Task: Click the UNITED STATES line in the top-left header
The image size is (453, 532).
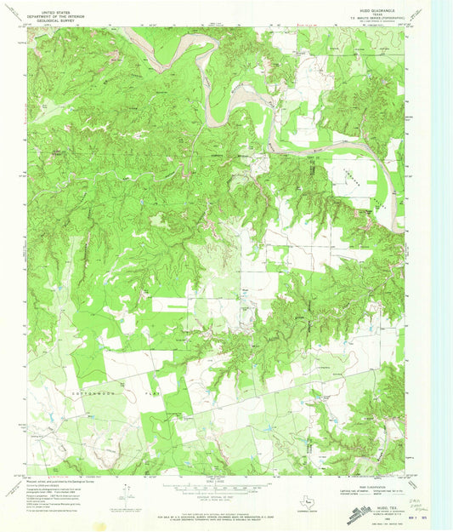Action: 56,5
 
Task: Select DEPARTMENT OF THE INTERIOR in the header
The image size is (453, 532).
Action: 56,9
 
